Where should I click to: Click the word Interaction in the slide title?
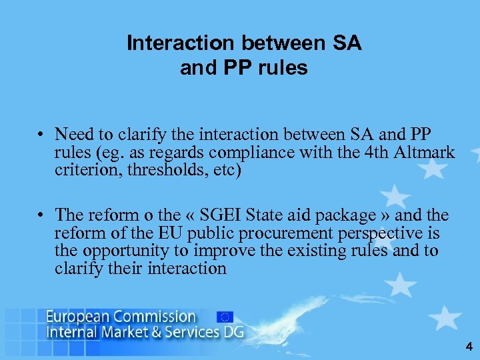click(x=181, y=44)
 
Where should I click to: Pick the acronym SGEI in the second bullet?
click(x=213, y=216)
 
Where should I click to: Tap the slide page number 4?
click(x=468, y=347)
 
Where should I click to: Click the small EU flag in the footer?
click(x=225, y=317)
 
